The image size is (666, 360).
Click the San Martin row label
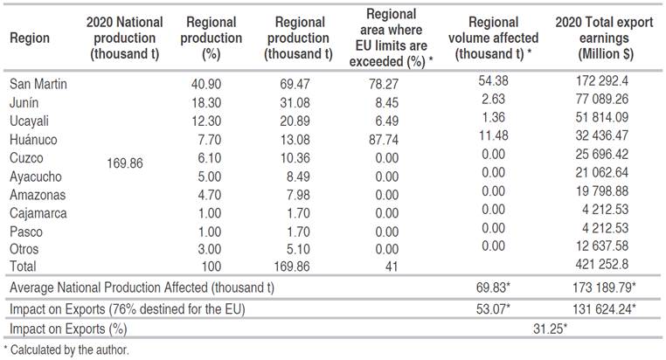point(38,85)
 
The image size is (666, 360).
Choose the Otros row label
point(25,249)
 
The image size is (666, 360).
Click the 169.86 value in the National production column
point(125,163)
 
